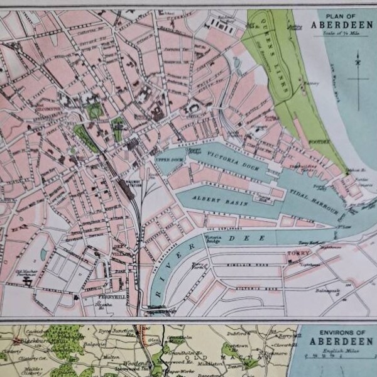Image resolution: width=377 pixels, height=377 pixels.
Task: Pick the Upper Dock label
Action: click(166, 160)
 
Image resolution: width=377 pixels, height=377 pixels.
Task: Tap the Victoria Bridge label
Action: click(211, 239)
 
